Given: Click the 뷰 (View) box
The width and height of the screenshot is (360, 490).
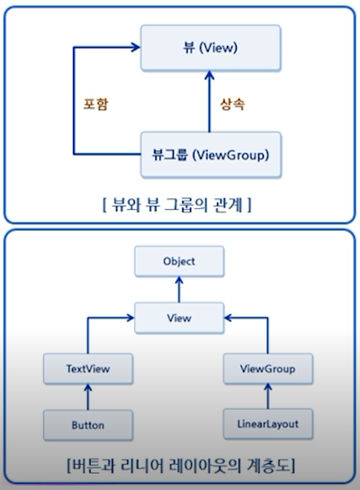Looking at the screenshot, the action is click(211, 48).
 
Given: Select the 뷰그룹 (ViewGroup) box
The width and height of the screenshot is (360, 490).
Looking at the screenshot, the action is click(211, 155).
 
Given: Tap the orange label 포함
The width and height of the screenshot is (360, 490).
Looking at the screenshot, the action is click(96, 104).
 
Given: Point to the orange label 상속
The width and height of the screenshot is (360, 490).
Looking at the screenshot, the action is click(232, 104).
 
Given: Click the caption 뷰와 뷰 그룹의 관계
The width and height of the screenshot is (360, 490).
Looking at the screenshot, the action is click(177, 205).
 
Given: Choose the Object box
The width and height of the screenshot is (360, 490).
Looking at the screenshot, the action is click(179, 261).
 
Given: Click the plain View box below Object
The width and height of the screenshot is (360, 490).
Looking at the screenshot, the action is click(179, 318).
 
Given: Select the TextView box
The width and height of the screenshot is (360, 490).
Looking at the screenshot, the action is click(88, 368).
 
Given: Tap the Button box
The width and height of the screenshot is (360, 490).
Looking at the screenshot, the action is click(88, 425).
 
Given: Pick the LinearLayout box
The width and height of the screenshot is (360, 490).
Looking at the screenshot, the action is click(268, 423).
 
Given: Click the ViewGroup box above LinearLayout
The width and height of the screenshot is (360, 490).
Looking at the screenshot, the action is click(268, 368).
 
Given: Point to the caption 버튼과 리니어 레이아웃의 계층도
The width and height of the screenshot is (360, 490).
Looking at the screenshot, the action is click(181, 466).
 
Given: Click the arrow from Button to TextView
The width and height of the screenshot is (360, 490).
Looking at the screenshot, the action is click(88, 397).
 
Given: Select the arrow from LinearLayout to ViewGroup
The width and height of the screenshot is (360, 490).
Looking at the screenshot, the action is click(268, 396).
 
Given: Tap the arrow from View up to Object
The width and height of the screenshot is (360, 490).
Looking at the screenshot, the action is click(179, 289).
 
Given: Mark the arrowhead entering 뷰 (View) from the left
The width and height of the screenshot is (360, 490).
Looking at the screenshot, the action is click(136, 48).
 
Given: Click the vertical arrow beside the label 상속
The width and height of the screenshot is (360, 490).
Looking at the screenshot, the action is click(210, 102).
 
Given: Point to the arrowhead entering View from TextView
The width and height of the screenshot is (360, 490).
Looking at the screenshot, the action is click(130, 318).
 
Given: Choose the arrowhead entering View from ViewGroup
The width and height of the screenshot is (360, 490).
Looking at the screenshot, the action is click(229, 318).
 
